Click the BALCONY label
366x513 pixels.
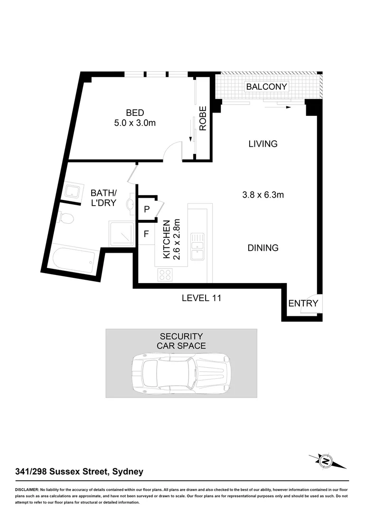(x=266, y=86)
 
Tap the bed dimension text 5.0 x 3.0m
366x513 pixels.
(x=135, y=123)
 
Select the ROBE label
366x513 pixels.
(x=203, y=118)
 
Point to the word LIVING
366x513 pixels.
(x=263, y=144)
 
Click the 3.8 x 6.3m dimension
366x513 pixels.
(x=263, y=194)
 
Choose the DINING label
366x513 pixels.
(x=263, y=248)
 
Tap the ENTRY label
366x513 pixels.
(x=303, y=304)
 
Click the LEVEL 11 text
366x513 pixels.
(x=202, y=298)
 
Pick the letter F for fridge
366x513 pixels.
(x=146, y=234)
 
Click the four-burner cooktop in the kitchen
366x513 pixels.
(x=165, y=274)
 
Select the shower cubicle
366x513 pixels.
(x=122, y=234)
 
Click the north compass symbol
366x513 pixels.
(x=326, y=460)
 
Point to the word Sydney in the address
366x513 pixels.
(x=127, y=472)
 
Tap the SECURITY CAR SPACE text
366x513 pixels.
(x=181, y=341)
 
